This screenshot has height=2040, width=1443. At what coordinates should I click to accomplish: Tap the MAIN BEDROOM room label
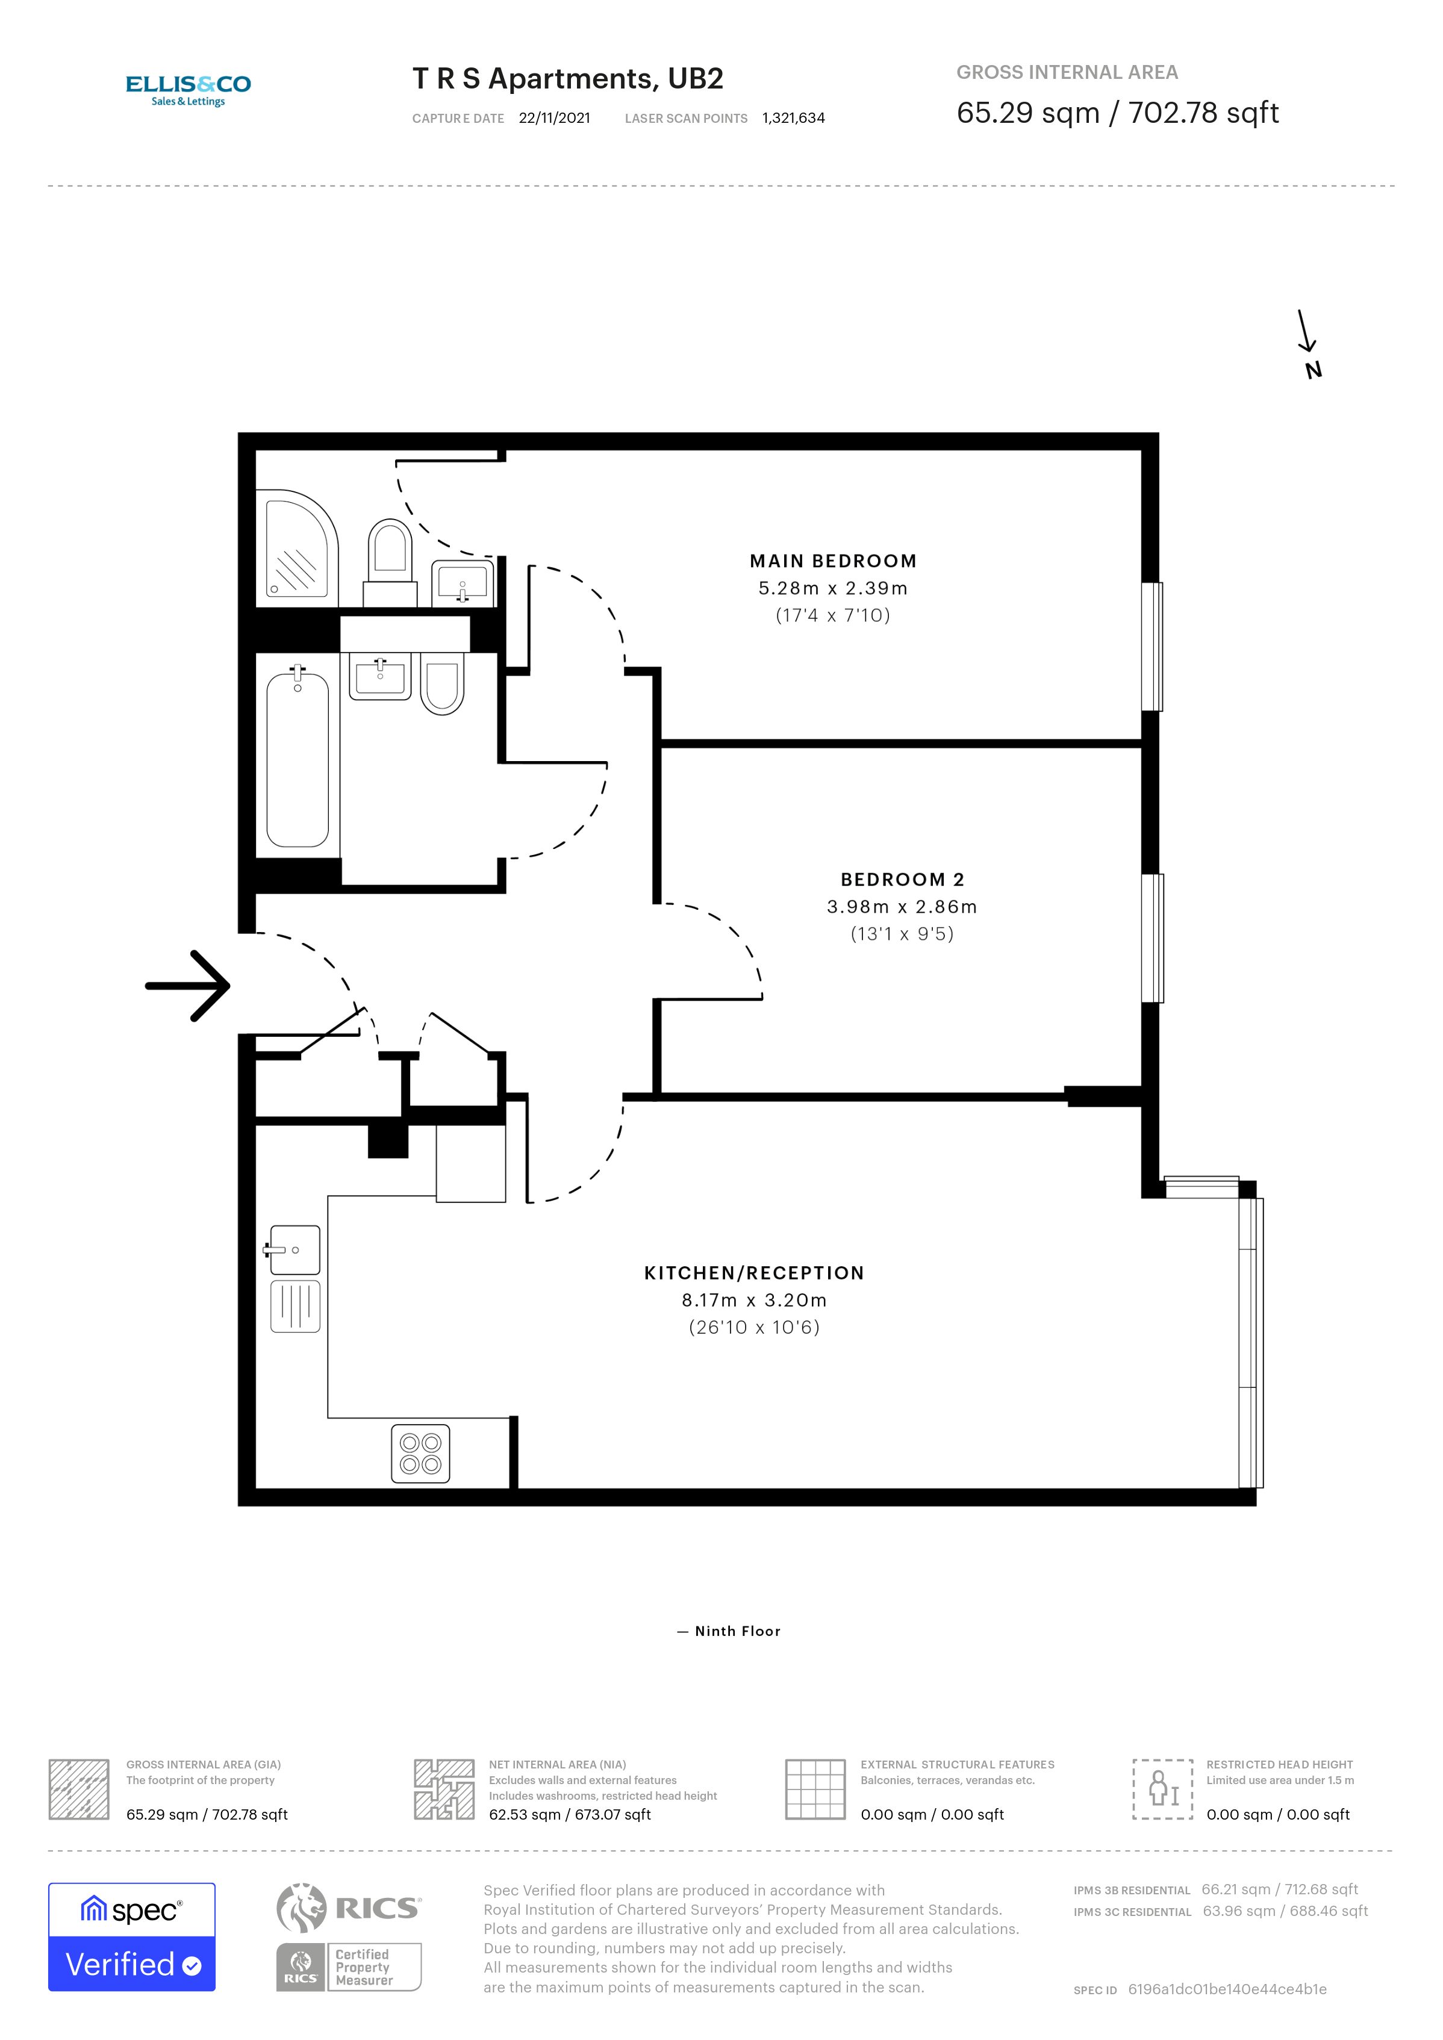click(832, 561)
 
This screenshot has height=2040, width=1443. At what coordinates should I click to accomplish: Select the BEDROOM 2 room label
click(902, 879)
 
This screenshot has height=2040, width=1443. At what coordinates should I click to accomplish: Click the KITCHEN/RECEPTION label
click(753, 1272)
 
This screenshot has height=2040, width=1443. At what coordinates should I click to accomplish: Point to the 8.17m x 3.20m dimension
click(753, 1300)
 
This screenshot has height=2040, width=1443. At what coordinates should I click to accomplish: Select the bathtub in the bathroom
click(298, 760)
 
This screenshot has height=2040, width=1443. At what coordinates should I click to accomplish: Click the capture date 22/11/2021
click(555, 118)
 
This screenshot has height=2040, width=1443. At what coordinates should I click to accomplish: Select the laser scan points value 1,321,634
click(794, 118)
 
